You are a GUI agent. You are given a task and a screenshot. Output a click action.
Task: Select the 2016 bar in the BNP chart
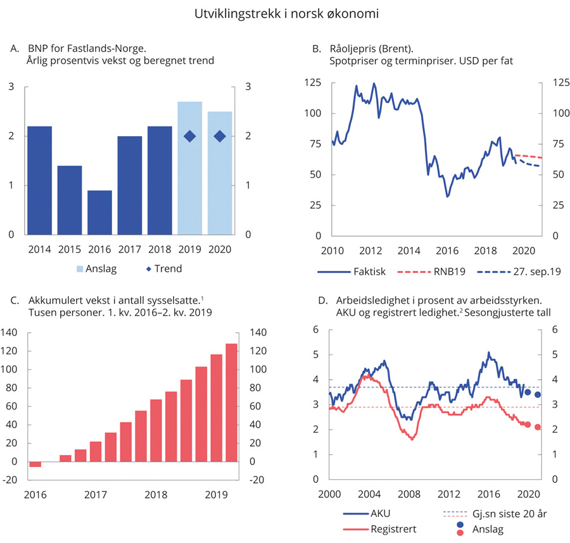tap(99, 212)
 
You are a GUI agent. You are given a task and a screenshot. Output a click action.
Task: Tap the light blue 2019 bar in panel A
tap(189, 168)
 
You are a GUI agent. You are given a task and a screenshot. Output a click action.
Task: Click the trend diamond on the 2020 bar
tap(220, 136)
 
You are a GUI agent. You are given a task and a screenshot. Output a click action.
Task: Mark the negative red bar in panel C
tap(35, 464)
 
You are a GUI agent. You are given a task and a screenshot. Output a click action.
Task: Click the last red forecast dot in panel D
tap(538, 427)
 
